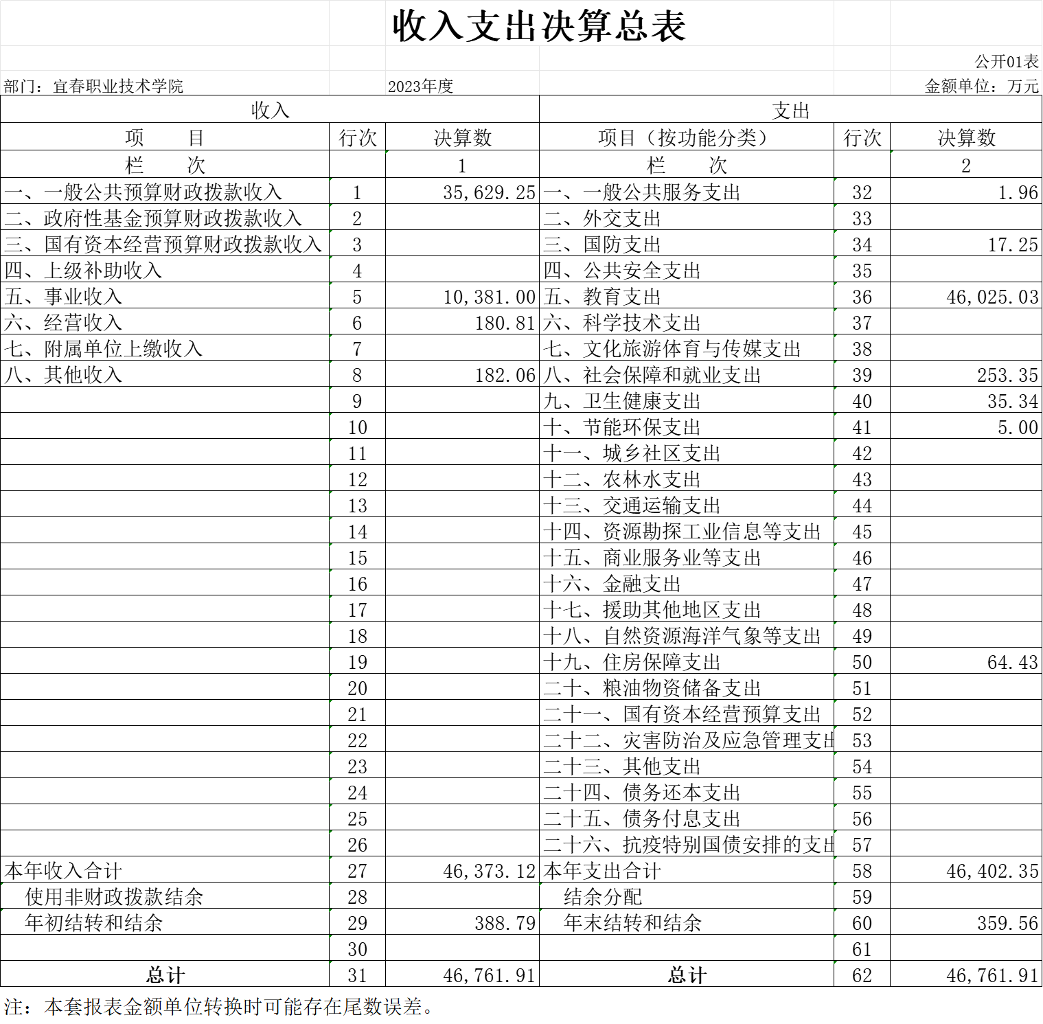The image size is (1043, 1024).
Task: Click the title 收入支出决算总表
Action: (539, 26)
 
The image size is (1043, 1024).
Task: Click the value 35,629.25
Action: (488, 192)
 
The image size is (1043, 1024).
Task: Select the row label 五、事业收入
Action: (63, 297)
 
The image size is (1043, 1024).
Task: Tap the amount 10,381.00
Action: (489, 297)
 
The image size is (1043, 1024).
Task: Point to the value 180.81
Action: (505, 323)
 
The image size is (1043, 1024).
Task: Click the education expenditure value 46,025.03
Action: (992, 297)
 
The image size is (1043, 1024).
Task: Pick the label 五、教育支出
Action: (602, 297)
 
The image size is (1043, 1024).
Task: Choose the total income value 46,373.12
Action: (488, 871)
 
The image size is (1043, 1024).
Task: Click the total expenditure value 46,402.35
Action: (992, 871)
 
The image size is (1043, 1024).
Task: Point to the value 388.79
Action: (505, 923)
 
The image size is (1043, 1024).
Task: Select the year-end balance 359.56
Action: (1007, 923)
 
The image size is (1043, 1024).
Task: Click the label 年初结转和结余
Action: (93, 923)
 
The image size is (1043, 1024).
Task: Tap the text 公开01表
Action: (1007, 62)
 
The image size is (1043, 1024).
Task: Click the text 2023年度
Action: (420, 87)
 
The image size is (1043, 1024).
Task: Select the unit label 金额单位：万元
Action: (982, 87)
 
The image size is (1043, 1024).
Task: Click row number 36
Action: (862, 297)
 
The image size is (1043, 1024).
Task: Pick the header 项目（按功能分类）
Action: (685, 137)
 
